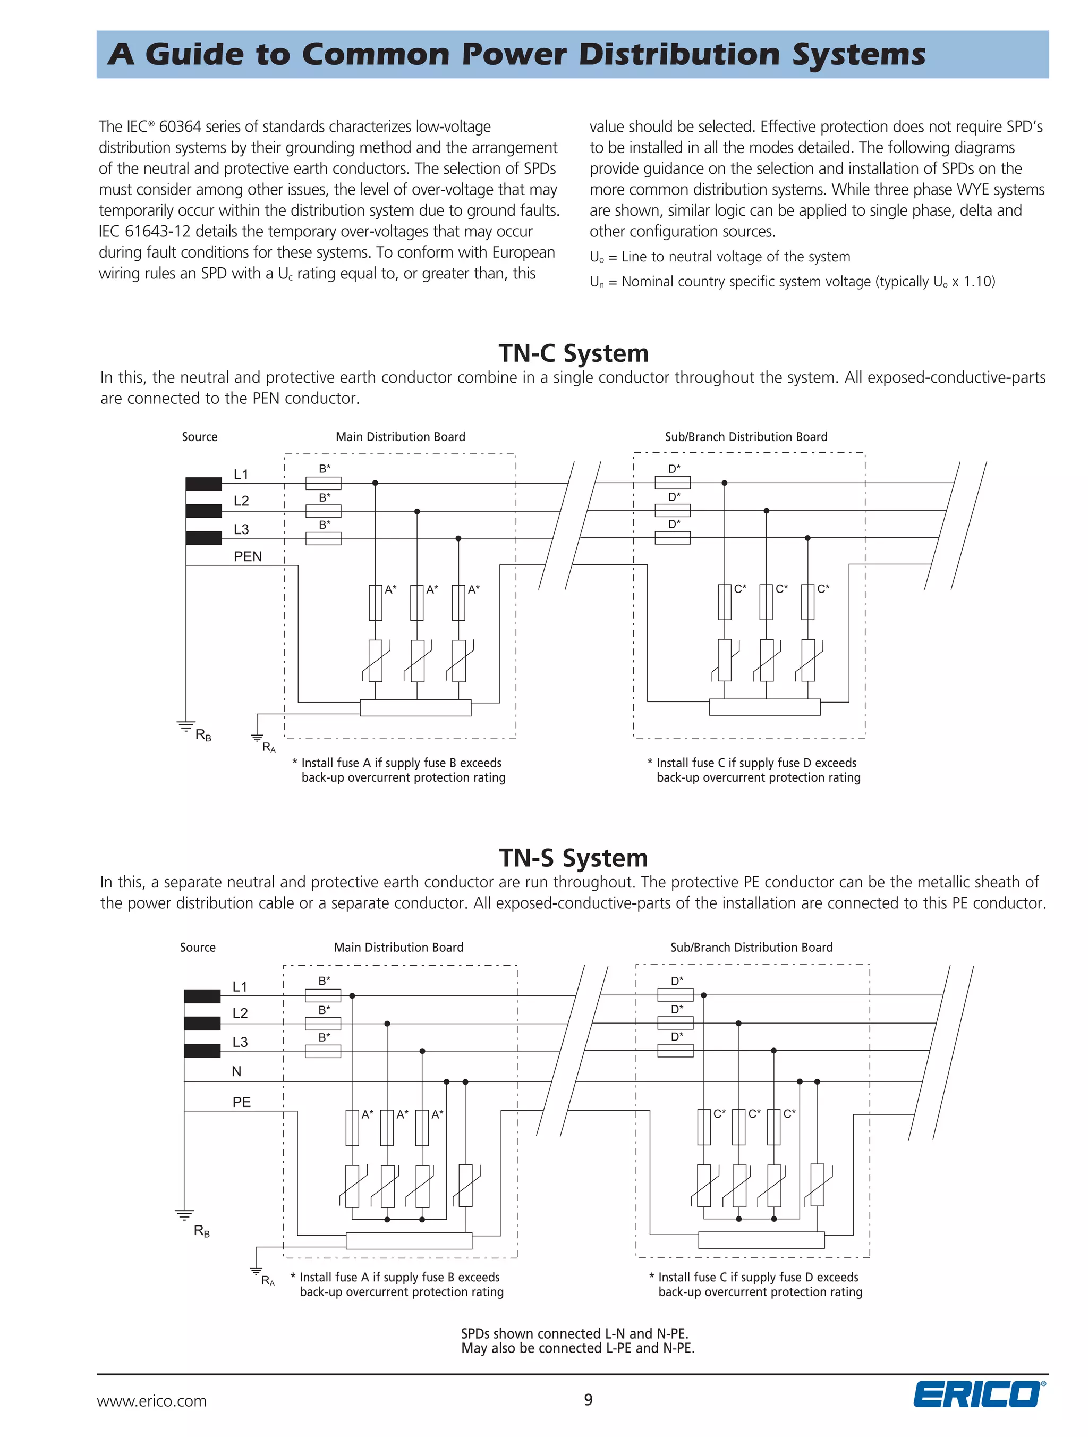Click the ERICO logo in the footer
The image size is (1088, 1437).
(978, 1393)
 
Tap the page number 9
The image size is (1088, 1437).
(588, 1399)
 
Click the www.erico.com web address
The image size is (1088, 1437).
(152, 1401)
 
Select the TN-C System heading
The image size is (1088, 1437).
(574, 353)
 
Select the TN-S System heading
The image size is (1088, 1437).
(574, 858)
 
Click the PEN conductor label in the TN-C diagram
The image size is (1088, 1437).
(248, 557)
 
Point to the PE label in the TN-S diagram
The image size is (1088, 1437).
(241, 1102)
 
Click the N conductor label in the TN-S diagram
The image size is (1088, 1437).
(236, 1072)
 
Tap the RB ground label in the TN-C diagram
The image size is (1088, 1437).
(203, 736)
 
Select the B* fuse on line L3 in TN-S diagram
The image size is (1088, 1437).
(323, 1051)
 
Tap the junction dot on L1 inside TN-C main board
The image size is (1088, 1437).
(375, 483)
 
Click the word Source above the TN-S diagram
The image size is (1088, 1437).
(198, 947)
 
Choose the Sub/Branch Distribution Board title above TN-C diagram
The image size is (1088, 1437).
(746, 436)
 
